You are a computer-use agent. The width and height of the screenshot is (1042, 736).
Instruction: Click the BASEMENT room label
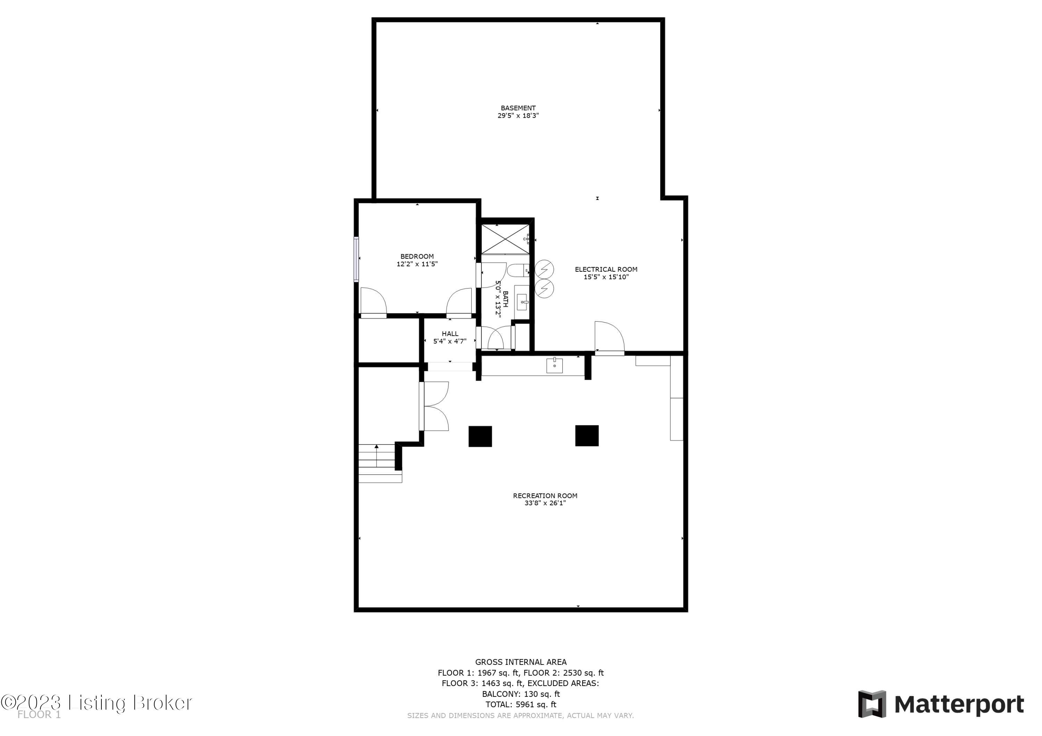518,108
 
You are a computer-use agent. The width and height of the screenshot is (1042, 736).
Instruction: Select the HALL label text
450,334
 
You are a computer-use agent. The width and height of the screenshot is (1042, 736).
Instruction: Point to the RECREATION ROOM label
545,496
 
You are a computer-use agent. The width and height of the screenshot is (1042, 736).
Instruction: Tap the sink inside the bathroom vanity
522,302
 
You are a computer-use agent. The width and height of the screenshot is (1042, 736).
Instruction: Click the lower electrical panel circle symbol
544,288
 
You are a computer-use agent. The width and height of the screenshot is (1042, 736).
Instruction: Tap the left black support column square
480,436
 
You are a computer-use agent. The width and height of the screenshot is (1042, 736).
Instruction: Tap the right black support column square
586,435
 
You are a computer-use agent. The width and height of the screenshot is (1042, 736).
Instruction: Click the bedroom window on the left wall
356,260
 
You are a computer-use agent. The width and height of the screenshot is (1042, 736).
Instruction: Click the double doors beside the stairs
434,406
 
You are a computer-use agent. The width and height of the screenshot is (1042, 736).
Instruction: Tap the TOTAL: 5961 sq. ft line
521,705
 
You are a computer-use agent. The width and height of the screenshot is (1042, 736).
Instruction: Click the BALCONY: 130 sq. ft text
521,694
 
